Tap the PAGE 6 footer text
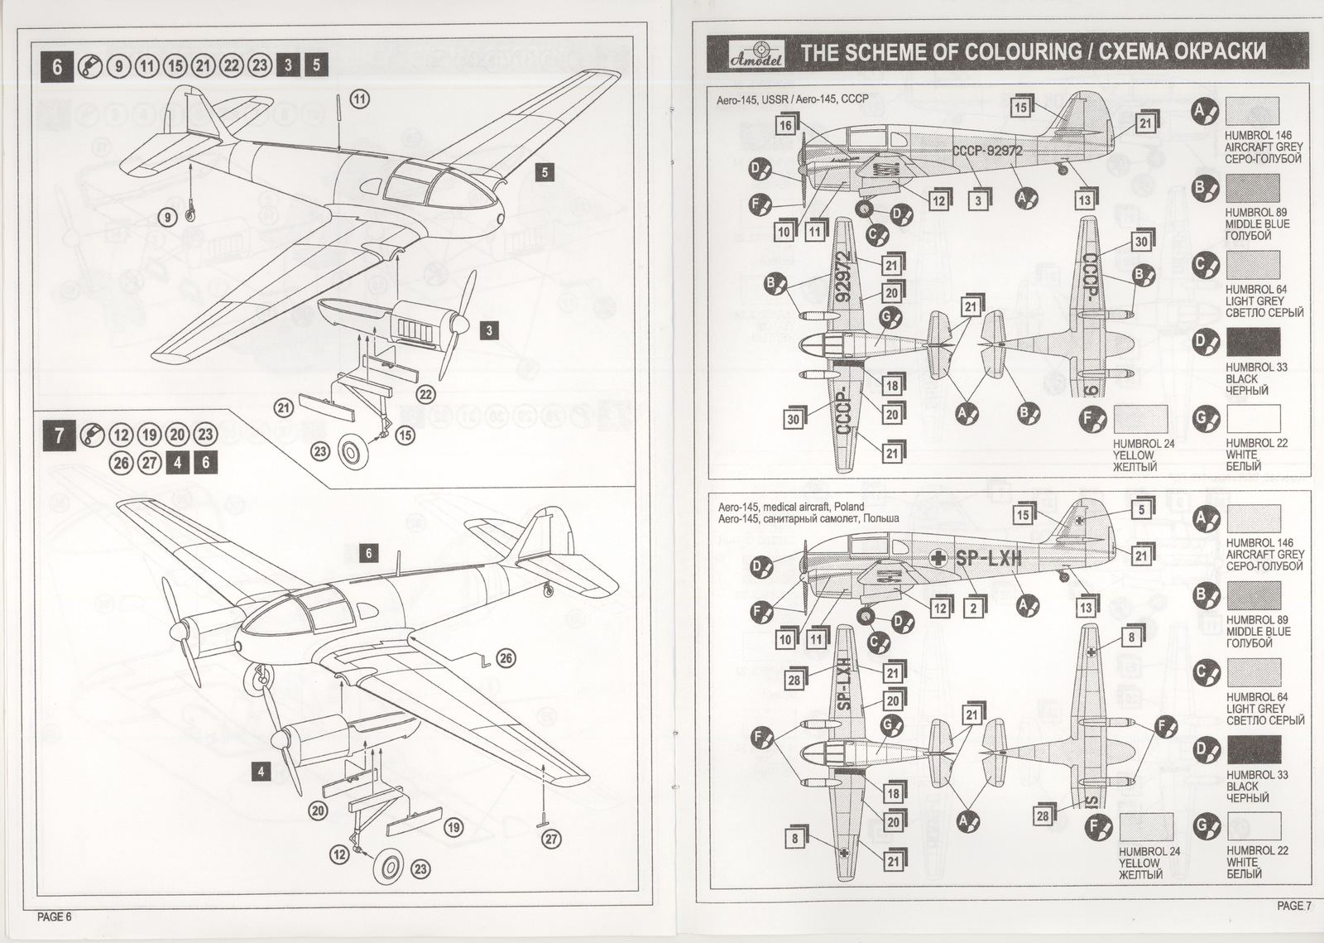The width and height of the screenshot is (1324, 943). [x=55, y=917]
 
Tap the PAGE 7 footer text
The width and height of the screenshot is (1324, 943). [x=1293, y=906]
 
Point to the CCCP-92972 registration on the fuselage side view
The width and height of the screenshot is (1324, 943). [x=987, y=151]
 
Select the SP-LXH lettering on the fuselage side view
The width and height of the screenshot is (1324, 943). [x=988, y=558]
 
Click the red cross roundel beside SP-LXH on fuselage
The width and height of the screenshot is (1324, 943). [x=938, y=558]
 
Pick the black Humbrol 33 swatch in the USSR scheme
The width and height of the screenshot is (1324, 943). [x=1253, y=342]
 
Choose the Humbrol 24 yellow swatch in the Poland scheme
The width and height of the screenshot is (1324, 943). [x=1145, y=827]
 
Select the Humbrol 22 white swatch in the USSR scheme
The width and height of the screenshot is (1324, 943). [x=1253, y=419]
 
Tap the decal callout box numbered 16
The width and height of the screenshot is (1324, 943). [x=785, y=125]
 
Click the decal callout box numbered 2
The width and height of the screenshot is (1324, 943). [x=974, y=609]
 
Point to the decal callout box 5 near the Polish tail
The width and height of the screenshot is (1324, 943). [x=1142, y=509]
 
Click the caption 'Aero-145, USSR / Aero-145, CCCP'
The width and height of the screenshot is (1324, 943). [x=792, y=99]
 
